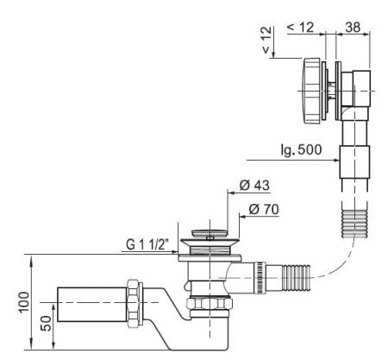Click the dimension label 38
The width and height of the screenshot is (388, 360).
pos(353,28)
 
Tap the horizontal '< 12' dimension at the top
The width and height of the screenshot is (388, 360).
pos(300,28)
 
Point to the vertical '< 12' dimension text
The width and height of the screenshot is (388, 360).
pos(266,40)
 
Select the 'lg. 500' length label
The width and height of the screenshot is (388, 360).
pos(302,149)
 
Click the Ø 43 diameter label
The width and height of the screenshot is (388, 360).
pos(254,186)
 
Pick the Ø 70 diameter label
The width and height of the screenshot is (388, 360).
pos(264,209)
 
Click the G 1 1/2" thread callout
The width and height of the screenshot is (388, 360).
pos(147,245)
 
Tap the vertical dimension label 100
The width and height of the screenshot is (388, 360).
pos(24,302)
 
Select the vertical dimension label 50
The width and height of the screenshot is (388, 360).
pos(46,323)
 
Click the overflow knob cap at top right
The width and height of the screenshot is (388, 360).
pos(311,91)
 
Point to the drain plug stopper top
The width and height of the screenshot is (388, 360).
pos(210,233)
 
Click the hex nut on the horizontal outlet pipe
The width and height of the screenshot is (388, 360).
pos(133,303)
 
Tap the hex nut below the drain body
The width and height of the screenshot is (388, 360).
pos(210,303)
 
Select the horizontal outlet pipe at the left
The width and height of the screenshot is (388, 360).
pos(92,304)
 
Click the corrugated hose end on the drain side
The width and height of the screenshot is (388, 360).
pos(296,278)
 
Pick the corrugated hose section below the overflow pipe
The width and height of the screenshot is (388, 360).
pos(354,224)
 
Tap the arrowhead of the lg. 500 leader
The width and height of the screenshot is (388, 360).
pos(337,160)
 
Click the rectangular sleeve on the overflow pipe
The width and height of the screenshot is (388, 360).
pos(354,162)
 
